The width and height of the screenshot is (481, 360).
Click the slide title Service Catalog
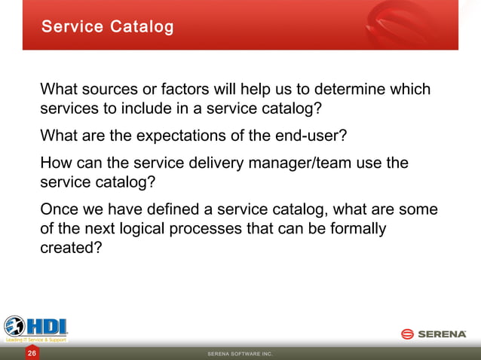click(x=107, y=27)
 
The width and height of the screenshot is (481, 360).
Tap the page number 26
click(x=32, y=352)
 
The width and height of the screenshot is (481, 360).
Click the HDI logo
click(x=36, y=328)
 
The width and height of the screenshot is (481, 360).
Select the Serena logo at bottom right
click(x=434, y=334)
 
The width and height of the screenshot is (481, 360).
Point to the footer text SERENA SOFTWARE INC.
click(x=240, y=353)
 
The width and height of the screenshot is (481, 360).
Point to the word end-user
click(x=311, y=136)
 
